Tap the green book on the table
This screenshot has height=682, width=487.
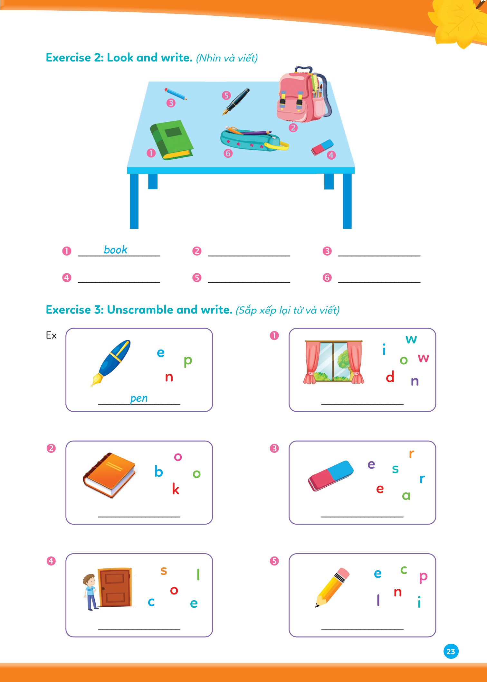point(172,140)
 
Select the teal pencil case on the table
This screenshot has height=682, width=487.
point(254,139)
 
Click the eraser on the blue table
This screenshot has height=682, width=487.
point(322,147)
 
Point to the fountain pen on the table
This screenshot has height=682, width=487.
point(236,101)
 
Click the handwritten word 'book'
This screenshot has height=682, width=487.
point(116,250)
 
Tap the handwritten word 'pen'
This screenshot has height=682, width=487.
point(139,398)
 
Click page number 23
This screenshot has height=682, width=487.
point(451,651)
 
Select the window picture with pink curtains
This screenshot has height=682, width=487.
point(333,362)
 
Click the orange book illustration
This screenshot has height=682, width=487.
point(110,475)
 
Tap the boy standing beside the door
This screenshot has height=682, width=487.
point(91,592)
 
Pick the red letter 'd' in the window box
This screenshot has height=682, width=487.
point(390,376)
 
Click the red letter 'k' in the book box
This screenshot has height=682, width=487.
point(176,489)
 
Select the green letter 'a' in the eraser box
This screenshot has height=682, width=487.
point(406,496)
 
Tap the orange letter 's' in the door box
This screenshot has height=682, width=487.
point(164,570)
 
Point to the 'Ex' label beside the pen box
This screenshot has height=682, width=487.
point(51,335)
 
